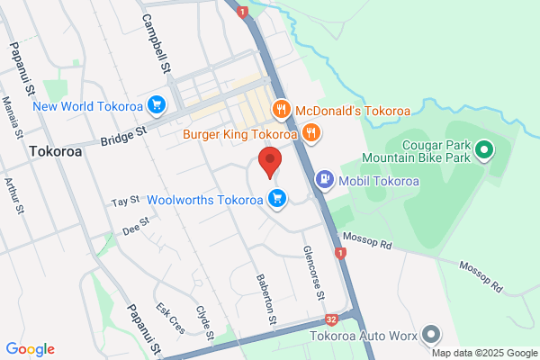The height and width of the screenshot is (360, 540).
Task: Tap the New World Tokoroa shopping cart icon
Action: [157, 105]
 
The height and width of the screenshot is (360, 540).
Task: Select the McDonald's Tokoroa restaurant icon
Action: [281, 111]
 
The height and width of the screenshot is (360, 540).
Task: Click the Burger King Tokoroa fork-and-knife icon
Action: [310, 134]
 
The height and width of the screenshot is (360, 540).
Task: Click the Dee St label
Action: [134, 229]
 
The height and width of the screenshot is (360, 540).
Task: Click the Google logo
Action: [30, 349]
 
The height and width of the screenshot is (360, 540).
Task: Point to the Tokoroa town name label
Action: [55, 152]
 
